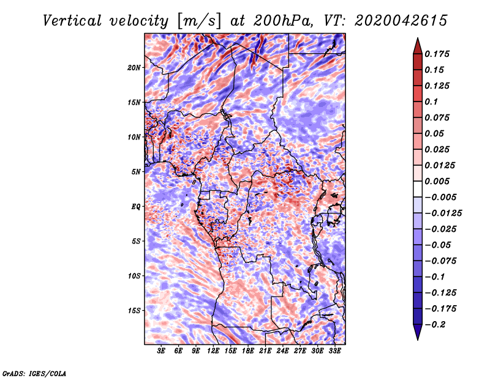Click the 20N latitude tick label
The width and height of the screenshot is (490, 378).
(134, 67)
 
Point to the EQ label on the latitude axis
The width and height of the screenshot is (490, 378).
(135, 207)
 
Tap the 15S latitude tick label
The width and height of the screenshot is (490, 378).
(134, 311)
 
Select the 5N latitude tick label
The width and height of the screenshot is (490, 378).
(135, 172)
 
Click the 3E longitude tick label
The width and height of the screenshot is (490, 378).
(162, 351)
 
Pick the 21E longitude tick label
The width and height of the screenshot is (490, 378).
(265, 351)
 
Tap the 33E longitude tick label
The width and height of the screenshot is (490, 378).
(334, 351)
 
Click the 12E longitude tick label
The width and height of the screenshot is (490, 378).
(213, 351)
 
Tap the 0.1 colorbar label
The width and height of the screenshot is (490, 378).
(432, 102)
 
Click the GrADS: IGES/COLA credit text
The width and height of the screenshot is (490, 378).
(34, 373)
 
